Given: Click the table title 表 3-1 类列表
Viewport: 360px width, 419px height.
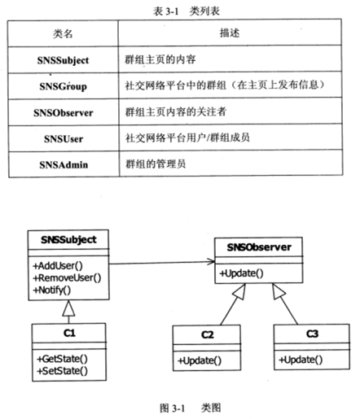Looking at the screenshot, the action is coord(187,11).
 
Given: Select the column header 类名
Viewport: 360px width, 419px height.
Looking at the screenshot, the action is coord(63,33).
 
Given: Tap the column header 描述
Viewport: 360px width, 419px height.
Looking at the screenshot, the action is coord(230,33).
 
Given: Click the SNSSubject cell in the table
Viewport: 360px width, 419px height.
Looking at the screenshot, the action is coord(63,60).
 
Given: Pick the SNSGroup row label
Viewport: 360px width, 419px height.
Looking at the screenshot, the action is coord(64,86).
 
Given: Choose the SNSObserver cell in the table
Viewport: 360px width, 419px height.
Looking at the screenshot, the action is coord(64,112).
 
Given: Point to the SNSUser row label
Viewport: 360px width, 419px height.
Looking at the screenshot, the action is coord(64,139).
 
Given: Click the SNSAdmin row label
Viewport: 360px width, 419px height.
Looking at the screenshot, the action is coord(64,164).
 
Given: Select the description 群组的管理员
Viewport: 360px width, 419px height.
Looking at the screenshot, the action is coord(156,164).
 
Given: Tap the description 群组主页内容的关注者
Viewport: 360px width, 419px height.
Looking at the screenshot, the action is coord(176,111).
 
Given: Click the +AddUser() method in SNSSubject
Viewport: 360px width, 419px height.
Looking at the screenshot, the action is coord(58,265).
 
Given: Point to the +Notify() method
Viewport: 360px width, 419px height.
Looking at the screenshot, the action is coord(52,290).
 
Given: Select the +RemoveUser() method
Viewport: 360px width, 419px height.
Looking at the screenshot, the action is coord(67,277).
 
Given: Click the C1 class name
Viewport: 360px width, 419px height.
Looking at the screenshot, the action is coord(69,333).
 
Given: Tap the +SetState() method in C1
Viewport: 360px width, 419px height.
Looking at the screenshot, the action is coord(63,370).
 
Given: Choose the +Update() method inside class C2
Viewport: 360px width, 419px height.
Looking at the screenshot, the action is coord(200,360).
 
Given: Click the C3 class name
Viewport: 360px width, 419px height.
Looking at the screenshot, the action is coord(312,334).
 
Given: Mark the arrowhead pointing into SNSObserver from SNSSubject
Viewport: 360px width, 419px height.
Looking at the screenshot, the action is coord(212,261).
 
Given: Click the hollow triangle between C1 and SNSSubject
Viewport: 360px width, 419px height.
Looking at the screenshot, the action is coord(68,308).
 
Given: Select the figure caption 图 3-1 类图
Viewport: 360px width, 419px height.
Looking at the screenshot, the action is coord(191,408).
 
